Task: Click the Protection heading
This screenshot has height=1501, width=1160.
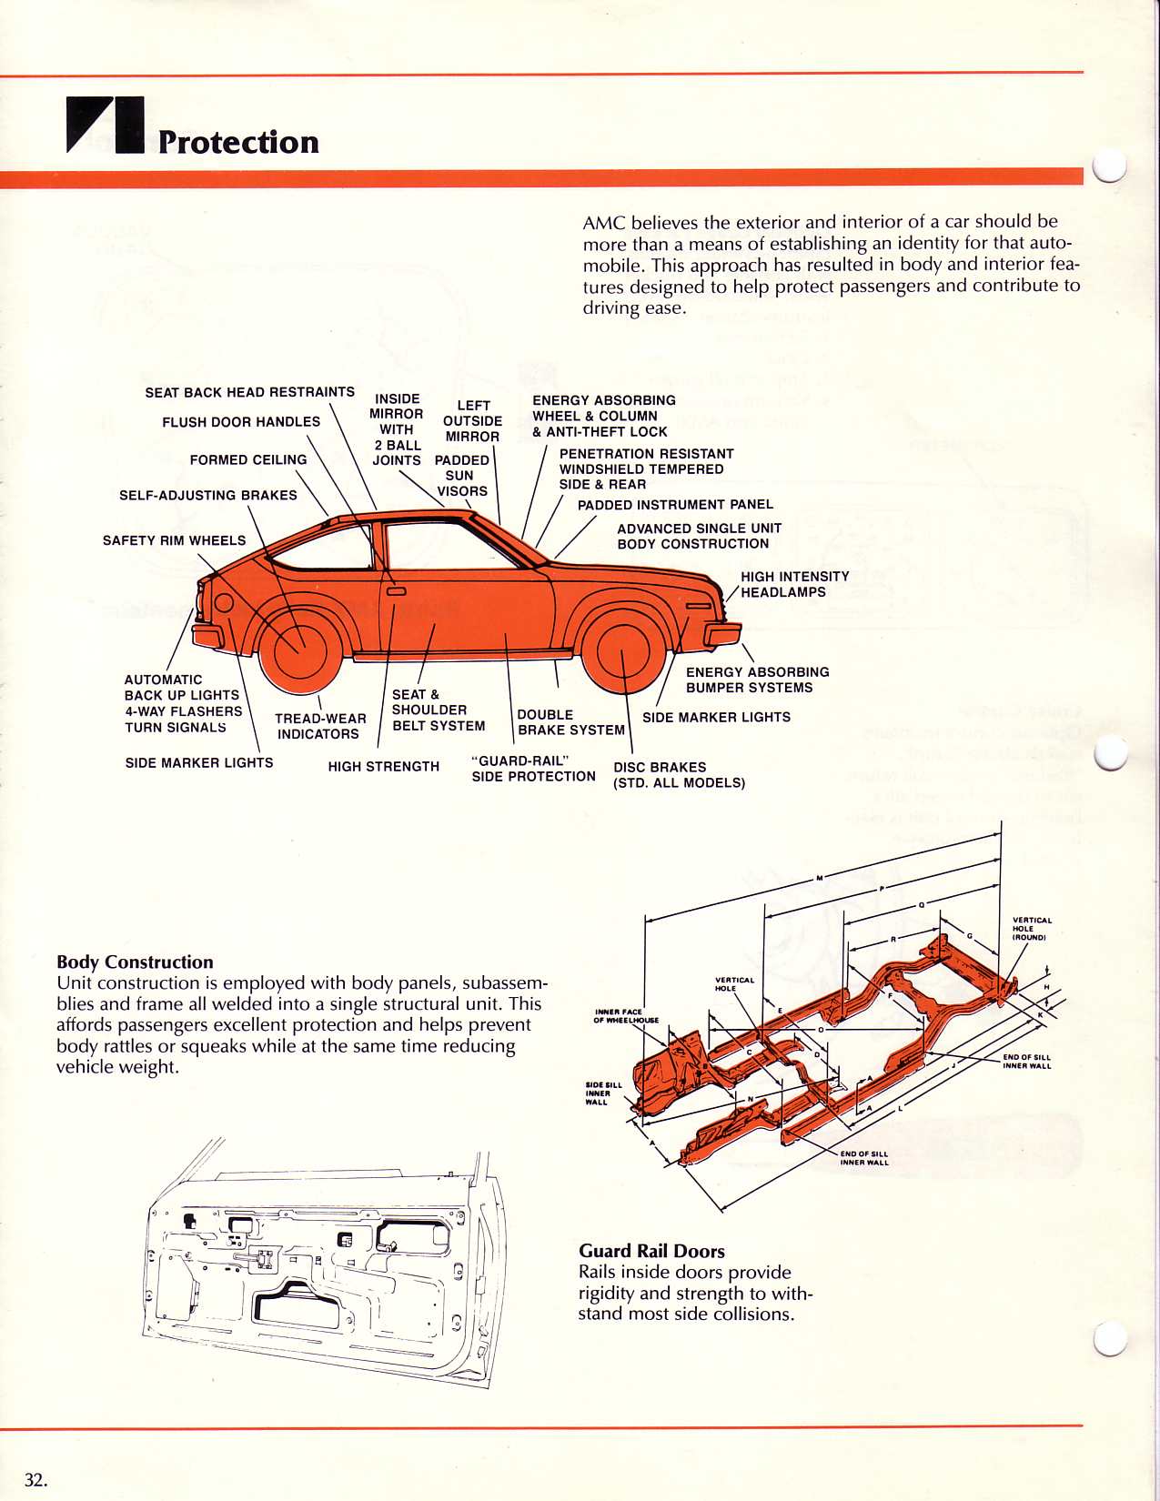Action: tap(238, 142)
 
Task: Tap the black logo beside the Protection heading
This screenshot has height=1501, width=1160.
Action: tap(105, 124)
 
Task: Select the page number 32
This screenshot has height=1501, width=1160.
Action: tap(35, 1480)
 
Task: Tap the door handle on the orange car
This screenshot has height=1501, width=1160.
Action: tap(396, 590)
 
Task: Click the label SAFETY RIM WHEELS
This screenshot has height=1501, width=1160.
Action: tap(174, 540)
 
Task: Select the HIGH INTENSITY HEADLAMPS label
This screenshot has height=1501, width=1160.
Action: tap(794, 584)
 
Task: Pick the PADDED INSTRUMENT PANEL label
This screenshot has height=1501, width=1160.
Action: tap(675, 505)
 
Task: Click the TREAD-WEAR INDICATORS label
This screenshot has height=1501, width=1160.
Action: tap(320, 726)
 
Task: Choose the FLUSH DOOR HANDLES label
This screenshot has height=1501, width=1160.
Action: tap(241, 422)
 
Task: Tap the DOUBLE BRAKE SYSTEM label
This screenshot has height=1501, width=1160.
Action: tap(570, 722)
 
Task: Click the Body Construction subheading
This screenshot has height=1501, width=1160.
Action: tap(135, 962)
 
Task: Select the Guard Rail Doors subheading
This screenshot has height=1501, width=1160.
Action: tap(651, 1251)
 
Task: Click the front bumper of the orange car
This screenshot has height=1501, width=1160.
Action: tap(724, 634)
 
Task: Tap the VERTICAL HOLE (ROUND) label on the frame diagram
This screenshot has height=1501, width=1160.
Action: tap(1031, 928)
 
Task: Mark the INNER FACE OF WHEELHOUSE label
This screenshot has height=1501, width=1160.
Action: tap(626, 1015)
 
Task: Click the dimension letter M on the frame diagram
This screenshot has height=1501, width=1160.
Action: tap(819, 878)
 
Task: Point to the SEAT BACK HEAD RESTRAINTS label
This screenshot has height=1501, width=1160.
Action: tap(249, 392)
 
